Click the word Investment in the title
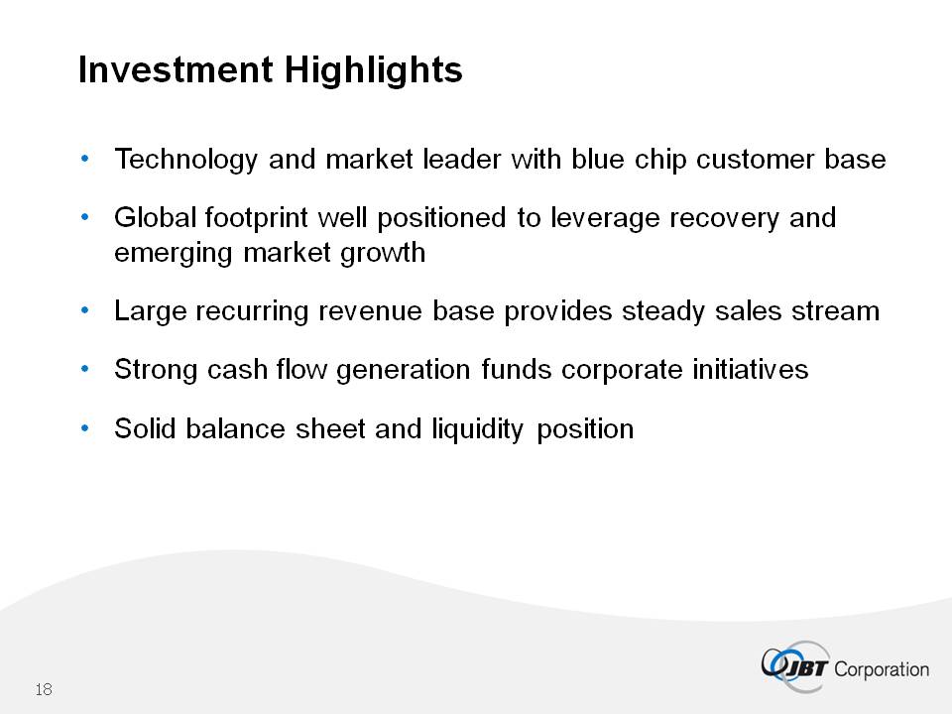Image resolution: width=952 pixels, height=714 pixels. [x=176, y=69]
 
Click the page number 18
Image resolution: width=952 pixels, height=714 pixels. [x=44, y=690]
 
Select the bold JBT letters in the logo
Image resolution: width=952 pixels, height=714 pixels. [x=804, y=669]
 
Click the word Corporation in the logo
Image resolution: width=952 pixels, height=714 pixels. [x=882, y=670]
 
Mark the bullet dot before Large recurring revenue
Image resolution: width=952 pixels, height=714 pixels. [x=84, y=310]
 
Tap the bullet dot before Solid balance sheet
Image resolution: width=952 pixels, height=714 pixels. [x=84, y=428]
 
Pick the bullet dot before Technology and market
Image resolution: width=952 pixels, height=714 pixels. [x=84, y=159]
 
